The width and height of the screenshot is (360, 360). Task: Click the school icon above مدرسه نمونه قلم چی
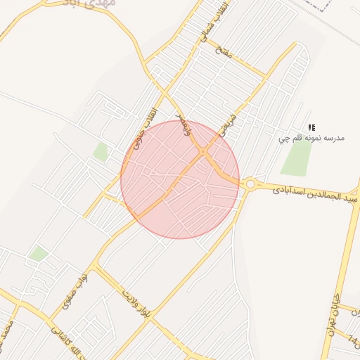(311, 127)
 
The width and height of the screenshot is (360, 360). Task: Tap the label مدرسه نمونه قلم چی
(311, 139)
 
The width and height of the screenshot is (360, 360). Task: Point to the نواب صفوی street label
(75, 292)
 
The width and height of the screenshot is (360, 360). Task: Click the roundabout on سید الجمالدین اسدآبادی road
(250, 184)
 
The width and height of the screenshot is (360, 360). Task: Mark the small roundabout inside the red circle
(202, 152)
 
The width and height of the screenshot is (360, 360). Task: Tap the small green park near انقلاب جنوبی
(102, 152)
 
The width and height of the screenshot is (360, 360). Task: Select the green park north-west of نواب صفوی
(39, 253)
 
